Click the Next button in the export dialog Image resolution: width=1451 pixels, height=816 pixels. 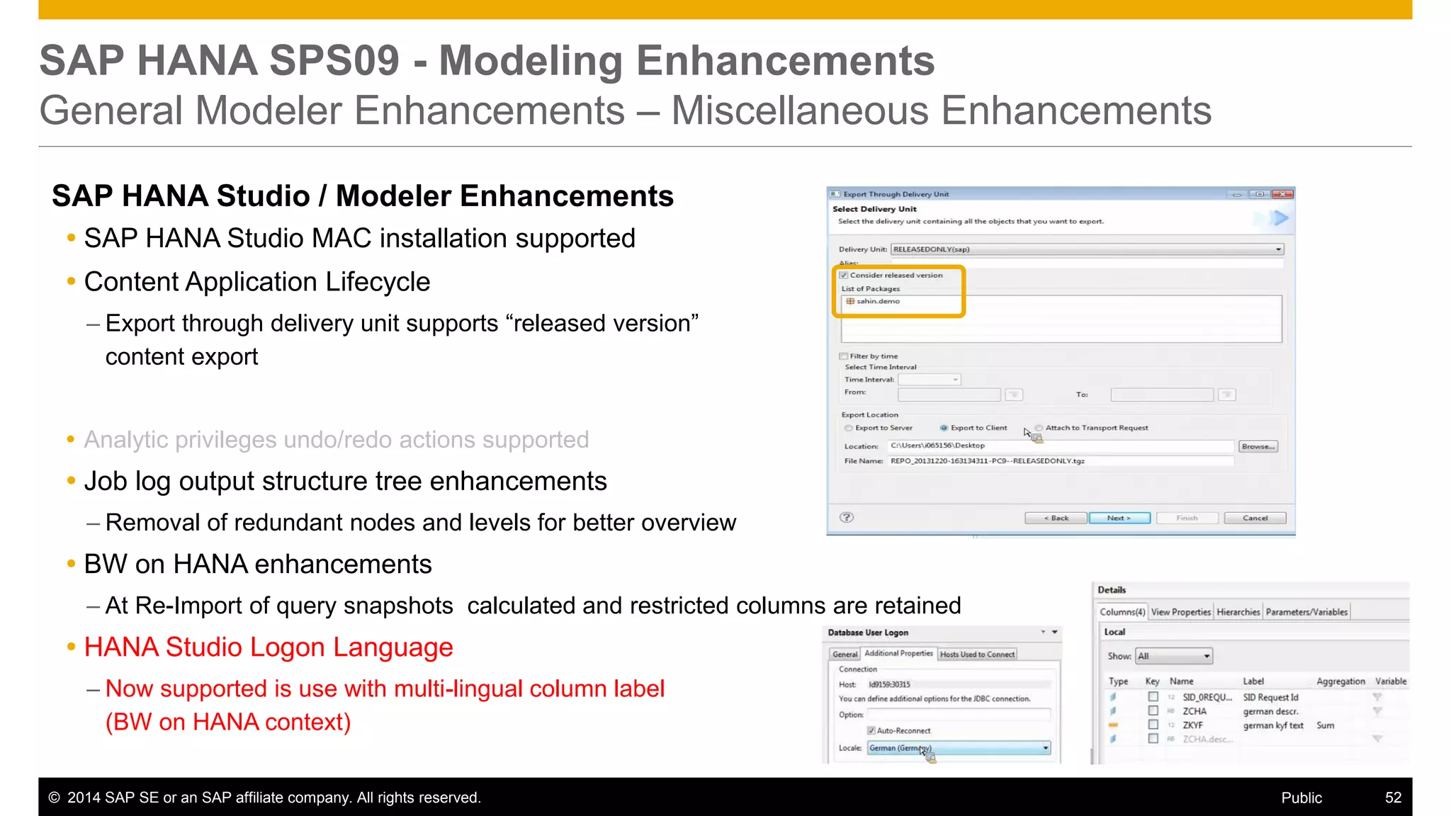(x=1119, y=518)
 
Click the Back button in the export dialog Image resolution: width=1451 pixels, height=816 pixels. (x=1056, y=518)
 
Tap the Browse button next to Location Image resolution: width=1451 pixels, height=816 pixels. (x=1258, y=446)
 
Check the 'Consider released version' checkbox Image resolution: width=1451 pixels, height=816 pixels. (x=844, y=275)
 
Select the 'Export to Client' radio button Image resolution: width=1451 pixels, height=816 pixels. (x=944, y=428)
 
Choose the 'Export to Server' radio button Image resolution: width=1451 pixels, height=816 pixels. (x=849, y=428)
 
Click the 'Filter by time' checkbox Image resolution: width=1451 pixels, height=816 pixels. (x=844, y=356)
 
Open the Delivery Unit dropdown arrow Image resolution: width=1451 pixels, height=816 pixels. (x=1278, y=249)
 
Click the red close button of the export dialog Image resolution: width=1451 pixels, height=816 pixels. (x=1282, y=194)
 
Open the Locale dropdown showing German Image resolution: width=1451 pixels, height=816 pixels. (x=1045, y=748)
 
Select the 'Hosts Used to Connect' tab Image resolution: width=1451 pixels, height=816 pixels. (x=977, y=654)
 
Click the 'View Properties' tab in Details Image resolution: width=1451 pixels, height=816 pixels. (x=1180, y=612)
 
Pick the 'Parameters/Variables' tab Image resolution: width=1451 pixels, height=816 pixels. (x=1306, y=612)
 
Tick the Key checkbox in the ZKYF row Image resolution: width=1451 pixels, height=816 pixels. (x=1153, y=725)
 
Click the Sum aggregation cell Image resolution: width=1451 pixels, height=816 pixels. (x=1325, y=725)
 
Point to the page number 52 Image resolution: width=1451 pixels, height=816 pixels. (x=1393, y=798)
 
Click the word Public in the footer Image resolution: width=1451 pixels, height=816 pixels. (x=1302, y=798)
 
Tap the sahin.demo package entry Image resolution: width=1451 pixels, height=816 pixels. (x=877, y=301)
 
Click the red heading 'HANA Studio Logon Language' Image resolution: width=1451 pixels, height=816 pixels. (x=269, y=647)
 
